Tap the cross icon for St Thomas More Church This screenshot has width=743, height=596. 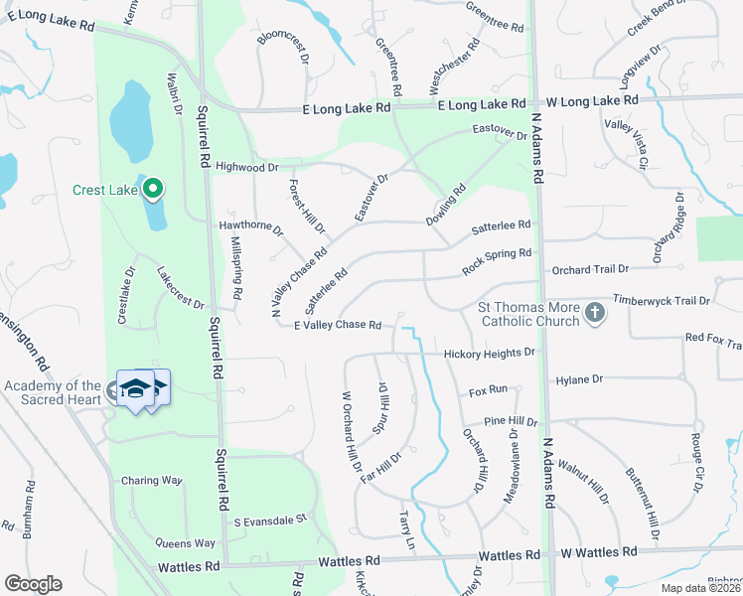[594, 314]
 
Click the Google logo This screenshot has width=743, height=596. [33, 584]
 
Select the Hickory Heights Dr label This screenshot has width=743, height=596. [489, 353]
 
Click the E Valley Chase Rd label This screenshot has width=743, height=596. [339, 325]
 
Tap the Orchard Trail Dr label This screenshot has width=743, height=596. [591, 268]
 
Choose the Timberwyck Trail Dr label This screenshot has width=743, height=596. [662, 300]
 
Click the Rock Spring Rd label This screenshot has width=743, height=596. [497, 261]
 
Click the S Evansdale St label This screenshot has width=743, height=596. [271, 520]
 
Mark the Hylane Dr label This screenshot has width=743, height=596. [580, 379]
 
